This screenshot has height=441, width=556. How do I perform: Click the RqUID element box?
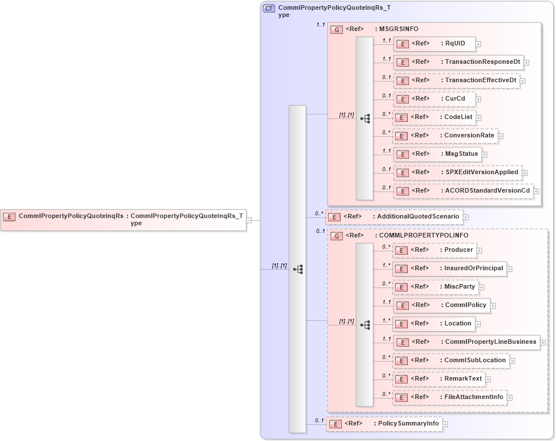434,43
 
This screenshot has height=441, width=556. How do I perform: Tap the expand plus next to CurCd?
478,99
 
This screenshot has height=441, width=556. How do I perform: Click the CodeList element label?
458,117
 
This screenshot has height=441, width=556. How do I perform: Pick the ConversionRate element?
445,136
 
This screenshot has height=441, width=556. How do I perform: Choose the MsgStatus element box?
437,154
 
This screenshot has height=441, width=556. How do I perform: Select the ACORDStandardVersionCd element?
462,190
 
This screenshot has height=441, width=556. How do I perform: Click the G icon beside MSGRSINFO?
338,29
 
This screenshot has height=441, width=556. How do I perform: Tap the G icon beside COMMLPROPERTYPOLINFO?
338,236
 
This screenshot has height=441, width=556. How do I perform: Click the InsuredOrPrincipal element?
449,268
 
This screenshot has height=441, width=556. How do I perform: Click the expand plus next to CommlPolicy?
493,306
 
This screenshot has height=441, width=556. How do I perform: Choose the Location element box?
434,324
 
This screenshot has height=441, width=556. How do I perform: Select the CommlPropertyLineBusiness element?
466,342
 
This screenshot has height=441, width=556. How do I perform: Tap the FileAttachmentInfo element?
449,397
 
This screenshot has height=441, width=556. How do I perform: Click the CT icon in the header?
269,8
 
